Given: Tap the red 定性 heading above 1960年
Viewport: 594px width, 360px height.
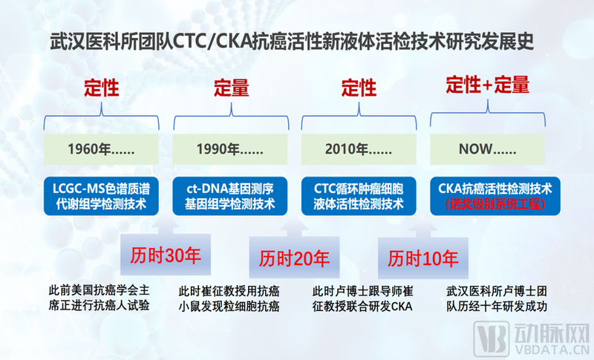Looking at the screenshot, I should (102, 88).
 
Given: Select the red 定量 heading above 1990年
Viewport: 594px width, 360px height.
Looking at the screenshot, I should (231, 88).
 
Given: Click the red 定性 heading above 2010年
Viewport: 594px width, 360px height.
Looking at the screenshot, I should (359, 88).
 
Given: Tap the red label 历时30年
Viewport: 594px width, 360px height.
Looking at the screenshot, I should (166, 256).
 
